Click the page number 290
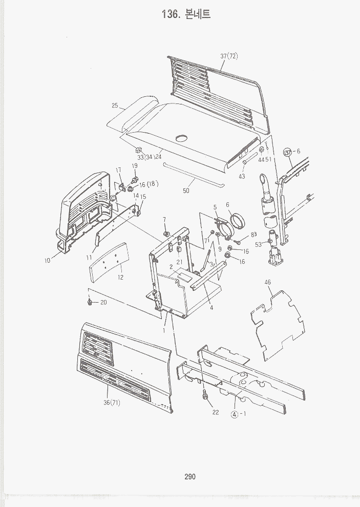coord(190,476)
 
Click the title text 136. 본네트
coord(186,14)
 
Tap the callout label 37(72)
coord(229,56)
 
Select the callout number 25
coord(115,105)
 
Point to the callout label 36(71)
coord(112,403)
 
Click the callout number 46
coord(267,282)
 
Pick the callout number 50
coord(186,191)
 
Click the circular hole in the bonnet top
coord(182,138)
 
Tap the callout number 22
coord(216,412)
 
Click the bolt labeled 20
coord(90,303)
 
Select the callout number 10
coord(48,261)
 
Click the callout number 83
coord(253,235)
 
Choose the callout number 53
coord(258,244)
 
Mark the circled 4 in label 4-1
coord(235,414)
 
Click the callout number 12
coord(120,278)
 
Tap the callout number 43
coord(242,177)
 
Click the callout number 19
coord(135,165)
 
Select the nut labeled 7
coord(166,234)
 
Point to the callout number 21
coord(179,262)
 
